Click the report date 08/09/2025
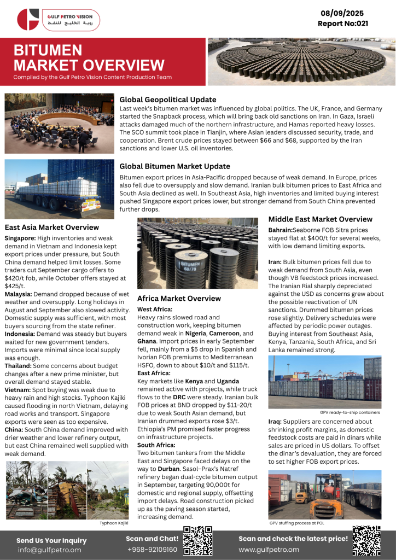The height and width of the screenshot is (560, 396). pyautogui.click(x=342, y=13)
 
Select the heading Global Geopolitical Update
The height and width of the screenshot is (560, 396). pyautogui.click(x=167, y=100)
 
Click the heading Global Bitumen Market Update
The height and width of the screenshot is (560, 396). pyautogui.click(x=174, y=166)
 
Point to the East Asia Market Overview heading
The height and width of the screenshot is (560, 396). pyautogui.click(x=52, y=227)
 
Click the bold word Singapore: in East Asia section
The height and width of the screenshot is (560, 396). pyautogui.click(x=20, y=238)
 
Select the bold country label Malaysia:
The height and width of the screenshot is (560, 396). pyautogui.click(x=19, y=294)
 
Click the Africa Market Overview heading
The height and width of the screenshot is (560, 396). pyautogui.click(x=179, y=299)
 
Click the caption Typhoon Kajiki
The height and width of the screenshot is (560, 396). pyautogui.click(x=114, y=523)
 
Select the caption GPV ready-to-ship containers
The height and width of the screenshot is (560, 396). pyautogui.click(x=350, y=412)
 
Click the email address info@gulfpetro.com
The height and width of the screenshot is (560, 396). pyautogui.click(x=49, y=550)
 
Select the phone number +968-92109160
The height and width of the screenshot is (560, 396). pyautogui.click(x=152, y=549)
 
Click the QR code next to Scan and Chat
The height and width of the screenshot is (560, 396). pyautogui.click(x=197, y=541)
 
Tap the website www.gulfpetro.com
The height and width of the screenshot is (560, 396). pyautogui.click(x=269, y=549)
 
